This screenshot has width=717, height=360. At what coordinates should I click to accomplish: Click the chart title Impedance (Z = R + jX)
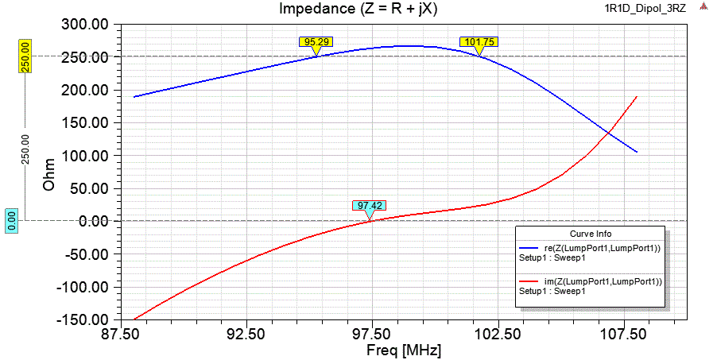tap(358, 9)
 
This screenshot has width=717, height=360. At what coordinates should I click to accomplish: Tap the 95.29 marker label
tap(316, 41)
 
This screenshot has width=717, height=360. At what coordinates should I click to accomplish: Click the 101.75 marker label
tap(479, 41)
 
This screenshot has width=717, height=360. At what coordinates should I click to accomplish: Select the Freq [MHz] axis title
tap(403, 350)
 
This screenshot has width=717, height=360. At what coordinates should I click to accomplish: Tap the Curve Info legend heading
tap(590, 234)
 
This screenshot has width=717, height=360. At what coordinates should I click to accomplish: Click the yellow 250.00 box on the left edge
tap(25, 56)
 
